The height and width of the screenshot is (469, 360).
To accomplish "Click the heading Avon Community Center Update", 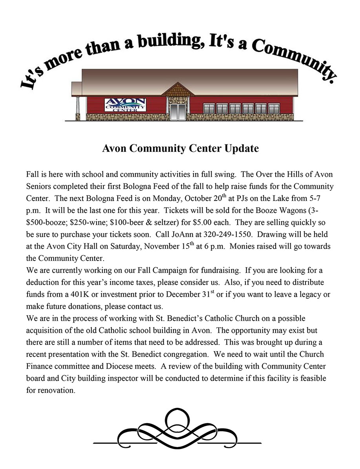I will point(180,149).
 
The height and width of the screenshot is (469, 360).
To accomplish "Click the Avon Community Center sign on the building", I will point(125,105).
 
